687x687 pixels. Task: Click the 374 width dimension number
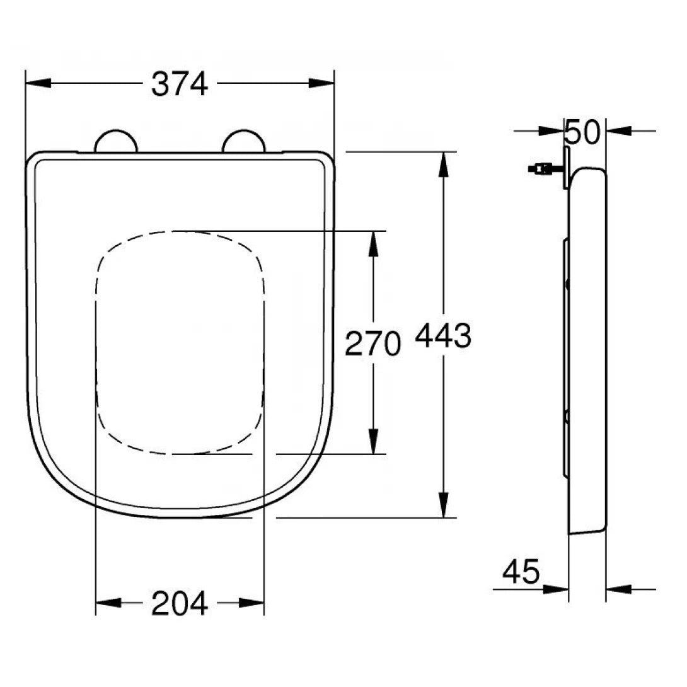[180, 84]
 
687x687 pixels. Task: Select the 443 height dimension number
[442, 336]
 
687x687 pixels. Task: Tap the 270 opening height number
[372, 344]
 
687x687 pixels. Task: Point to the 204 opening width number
[180, 604]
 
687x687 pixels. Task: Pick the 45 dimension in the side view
[521, 572]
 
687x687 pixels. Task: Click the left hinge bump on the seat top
[115, 141]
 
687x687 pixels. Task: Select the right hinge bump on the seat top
[243, 141]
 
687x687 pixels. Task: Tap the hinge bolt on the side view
[541, 168]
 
